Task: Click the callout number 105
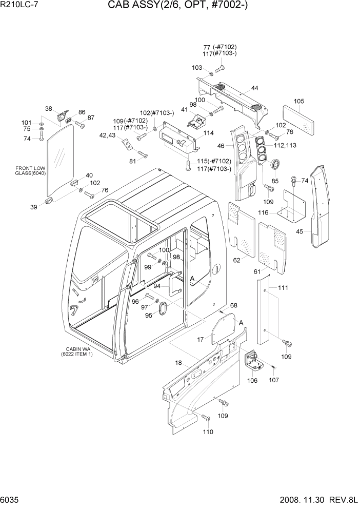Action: click(x=299, y=101)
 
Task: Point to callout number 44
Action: click(x=254, y=89)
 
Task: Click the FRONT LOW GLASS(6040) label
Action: click(x=31, y=171)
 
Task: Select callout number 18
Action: click(x=179, y=363)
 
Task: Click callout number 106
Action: click(x=252, y=381)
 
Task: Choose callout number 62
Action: click(x=237, y=260)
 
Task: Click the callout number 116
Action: click(x=264, y=212)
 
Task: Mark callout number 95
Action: click(x=149, y=315)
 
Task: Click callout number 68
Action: click(x=234, y=306)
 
